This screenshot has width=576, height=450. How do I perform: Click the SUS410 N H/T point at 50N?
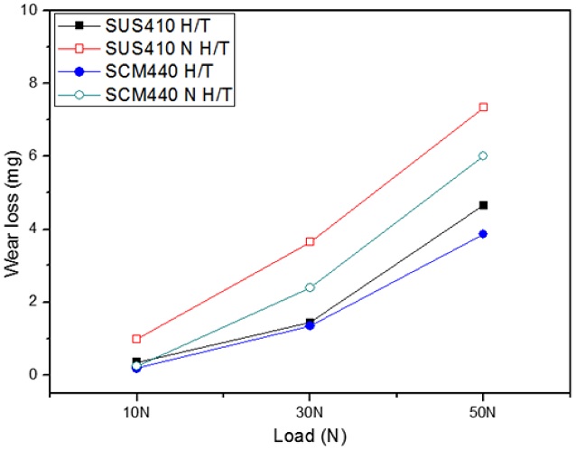(483, 107)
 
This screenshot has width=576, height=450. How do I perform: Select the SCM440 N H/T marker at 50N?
(483, 155)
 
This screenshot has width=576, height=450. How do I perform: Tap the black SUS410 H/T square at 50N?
(483, 205)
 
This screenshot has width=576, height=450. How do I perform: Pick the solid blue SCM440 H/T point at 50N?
(483, 234)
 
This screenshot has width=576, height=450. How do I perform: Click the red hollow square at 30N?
(310, 241)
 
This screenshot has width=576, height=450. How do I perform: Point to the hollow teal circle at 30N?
(310, 287)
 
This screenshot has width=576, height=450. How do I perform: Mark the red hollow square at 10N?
(136, 339)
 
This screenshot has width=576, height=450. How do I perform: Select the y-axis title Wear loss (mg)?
(12, 192)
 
